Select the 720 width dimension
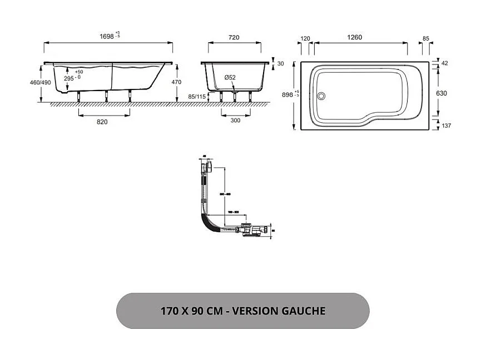[x=234, y=37]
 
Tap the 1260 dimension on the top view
[x=354, y=37]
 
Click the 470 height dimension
[x=177, y=82]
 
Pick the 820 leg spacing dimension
[x=102, y=122]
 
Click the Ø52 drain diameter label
[x=230, y=78]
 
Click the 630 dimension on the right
[x=441, y=93]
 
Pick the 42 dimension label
[x=444, y=63]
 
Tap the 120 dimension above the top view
[x=305, y=38]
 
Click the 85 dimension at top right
[x=426, y=38]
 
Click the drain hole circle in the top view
[x=320, y=95]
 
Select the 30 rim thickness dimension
[x=280, y=63]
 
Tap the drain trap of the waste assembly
[x=253, y=229]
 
